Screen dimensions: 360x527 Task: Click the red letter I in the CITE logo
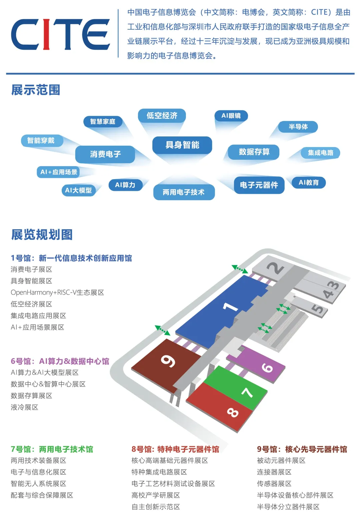tap(47, 34)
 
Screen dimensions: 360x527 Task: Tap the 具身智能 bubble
tap(182, 145)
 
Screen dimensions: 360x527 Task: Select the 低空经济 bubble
tap(162, 116)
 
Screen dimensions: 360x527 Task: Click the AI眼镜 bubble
tap(231, 116)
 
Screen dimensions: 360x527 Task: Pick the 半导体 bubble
tap(298, 127)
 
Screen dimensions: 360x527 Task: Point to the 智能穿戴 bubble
tap(41, 140)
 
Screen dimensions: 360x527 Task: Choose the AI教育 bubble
tap(308, 182)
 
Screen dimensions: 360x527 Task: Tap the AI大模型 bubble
tap(78, 190)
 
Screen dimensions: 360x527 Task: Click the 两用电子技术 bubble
tap(184, 192)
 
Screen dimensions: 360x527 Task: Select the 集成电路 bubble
tap(320, 153)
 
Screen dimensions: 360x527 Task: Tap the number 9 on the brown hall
tap(168, 361)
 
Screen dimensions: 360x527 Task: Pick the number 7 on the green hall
tap(247, 392)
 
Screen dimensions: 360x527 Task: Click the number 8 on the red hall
tap(233, 413)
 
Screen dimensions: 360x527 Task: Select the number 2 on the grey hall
tap(276, 268)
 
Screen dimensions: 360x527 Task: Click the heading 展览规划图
tap(42, 234)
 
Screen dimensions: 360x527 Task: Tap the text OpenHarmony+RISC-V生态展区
tap(57, 293)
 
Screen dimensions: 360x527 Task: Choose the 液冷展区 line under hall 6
tap(25, 407)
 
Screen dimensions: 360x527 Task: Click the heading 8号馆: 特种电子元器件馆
tap(175, 449)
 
